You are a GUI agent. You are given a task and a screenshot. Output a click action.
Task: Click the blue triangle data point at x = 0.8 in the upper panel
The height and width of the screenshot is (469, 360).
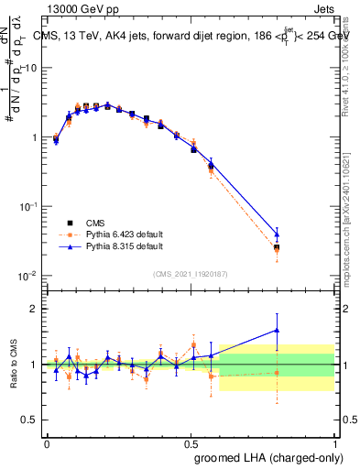tap(277, 234)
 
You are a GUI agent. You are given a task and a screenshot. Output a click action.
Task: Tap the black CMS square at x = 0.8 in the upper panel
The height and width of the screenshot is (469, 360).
tap(277, 247)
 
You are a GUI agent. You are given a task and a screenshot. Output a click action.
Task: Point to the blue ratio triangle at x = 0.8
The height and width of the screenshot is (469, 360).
tap(277, 330)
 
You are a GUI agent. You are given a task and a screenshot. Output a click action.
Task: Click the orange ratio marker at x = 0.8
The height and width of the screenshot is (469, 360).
tap(277, 372)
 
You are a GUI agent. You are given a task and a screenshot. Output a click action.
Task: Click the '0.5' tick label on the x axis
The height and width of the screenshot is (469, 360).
tap(191, 442)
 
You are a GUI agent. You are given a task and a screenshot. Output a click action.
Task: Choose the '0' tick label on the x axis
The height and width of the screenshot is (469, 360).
tap(47, 442)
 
